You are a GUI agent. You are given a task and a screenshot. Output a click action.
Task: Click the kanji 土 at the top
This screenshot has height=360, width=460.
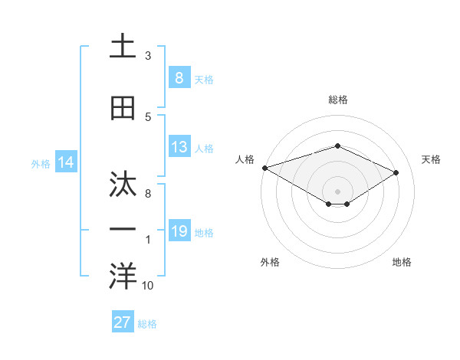[x=123, y=46]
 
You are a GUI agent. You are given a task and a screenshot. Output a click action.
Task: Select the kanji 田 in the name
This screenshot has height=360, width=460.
[x=123, y=108]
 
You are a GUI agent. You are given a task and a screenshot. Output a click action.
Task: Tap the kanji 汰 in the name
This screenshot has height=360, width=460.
[x=123, y=184]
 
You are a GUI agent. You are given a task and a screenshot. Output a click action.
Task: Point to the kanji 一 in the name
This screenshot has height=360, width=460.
[x=123, y=230]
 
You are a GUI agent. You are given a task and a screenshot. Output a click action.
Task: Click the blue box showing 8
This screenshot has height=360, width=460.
[x=179, y=77]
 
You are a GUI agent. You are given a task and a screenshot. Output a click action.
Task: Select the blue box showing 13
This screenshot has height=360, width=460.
[x=179, y=147]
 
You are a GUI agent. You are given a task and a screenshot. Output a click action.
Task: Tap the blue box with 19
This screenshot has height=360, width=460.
[x=179, y=231]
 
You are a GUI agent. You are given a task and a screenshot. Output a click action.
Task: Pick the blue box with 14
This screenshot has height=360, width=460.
[x=65, y=162]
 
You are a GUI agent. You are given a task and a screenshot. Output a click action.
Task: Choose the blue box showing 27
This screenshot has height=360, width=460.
[x=123, y=322]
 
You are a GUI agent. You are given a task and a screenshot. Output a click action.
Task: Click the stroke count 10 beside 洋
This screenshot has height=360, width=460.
[x=148, y=286]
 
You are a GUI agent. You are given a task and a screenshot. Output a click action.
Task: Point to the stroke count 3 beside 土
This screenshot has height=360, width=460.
[x=148, y=56]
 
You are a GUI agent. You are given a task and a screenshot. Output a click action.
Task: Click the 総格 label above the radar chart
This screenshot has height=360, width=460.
[x=337, y=100]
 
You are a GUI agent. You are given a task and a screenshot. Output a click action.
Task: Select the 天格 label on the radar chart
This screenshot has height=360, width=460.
[x=431, y=159]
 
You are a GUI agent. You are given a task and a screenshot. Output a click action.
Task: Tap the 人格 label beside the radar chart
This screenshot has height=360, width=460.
[x=244, y=159]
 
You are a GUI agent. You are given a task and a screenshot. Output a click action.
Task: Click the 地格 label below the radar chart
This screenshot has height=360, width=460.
[x=402, y=262]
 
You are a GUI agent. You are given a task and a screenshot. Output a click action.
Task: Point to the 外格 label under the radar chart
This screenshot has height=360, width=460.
[x=270, y=262]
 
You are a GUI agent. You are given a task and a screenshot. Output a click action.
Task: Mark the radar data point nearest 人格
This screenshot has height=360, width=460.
[x=264, y=168]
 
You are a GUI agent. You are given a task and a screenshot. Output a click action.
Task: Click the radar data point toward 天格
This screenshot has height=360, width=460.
[x=396, y=172]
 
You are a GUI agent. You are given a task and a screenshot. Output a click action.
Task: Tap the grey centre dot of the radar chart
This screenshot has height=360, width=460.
[x=337, y=191]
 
